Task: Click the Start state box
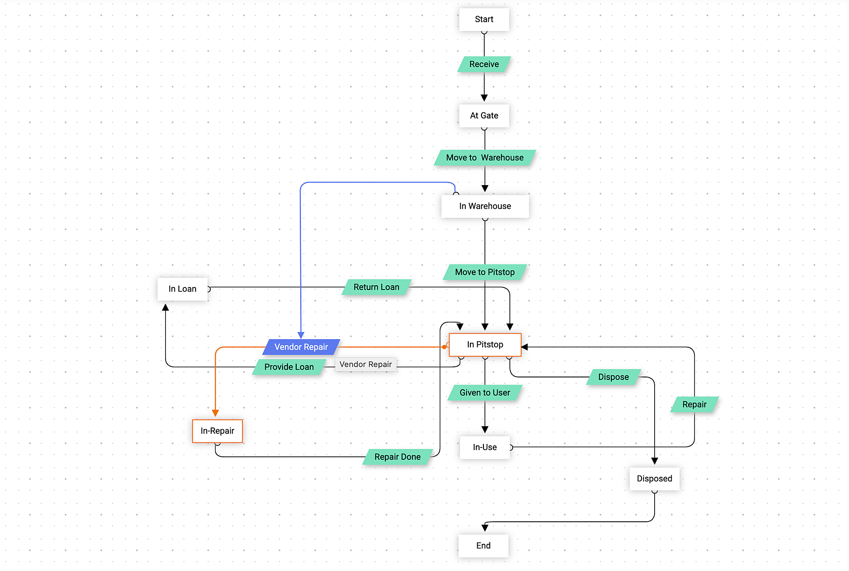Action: pos(484,20)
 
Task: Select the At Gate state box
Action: pos(484,115)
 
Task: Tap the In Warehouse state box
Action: pos(485,206)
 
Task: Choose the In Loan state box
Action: pos(183,289)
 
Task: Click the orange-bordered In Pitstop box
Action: pos(485,345)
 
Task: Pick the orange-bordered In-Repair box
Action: pos(217,431)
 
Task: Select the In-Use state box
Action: pos(485,447)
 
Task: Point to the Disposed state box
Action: pos(654,479)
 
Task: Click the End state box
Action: pos(483,546)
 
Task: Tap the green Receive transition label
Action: pos(484,64)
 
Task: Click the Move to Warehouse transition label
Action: pos(485,158)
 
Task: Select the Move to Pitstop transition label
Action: pos(485,272)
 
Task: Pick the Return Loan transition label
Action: pos(377,287)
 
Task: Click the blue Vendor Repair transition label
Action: pos(301,347)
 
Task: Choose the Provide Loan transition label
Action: pos(289,367)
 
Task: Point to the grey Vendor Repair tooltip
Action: pos(365,364)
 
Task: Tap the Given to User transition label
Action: pos(485,393)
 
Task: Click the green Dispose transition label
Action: pos(613,377)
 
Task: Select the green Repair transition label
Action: pos(694,405)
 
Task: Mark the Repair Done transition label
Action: pos(397,457)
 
